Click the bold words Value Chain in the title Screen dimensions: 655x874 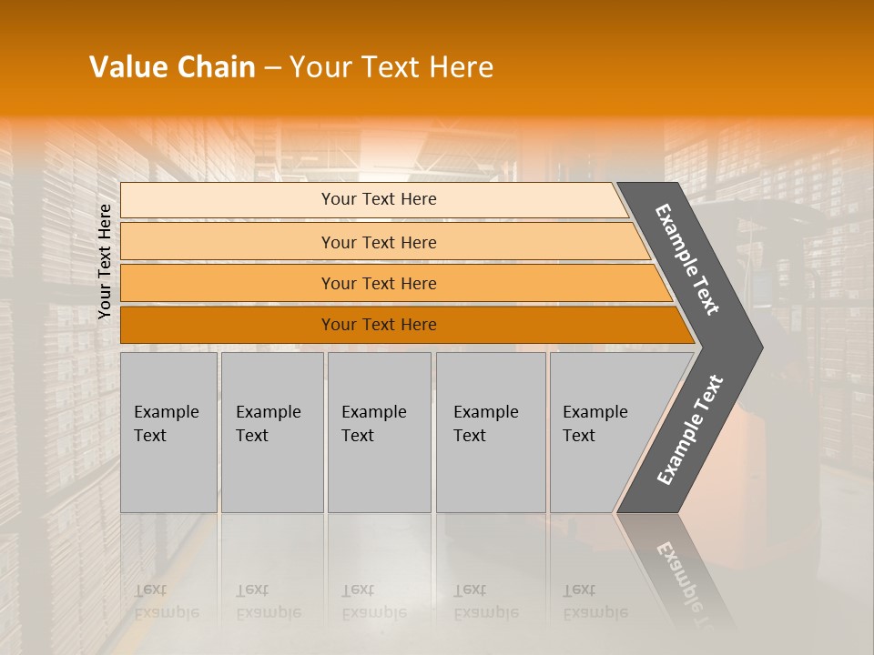[172, 67]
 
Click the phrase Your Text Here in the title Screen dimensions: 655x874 [391, 67]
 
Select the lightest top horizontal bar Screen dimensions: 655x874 [228, 200]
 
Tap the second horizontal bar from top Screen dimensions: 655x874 [228, 242]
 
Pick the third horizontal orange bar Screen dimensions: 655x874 [228, 284]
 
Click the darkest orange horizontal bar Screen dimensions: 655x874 [228, 325]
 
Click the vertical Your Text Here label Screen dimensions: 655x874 [105, 261]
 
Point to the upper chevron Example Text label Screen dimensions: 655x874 [687, 259]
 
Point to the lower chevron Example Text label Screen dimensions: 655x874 [689, 430]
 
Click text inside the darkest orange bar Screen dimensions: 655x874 [379, 325]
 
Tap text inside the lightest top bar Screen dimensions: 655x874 [379, 199]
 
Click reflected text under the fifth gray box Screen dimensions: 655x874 [595, 601]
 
